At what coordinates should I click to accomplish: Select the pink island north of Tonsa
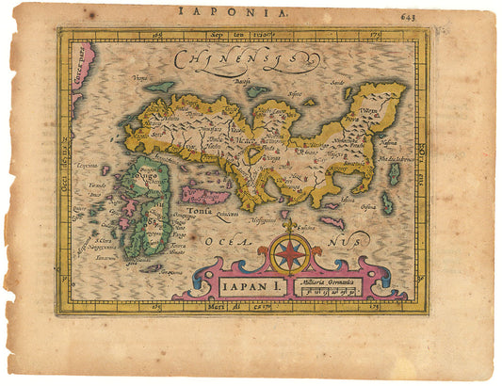[x=205, y=196]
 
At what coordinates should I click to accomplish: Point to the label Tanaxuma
[x=104, y=256]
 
